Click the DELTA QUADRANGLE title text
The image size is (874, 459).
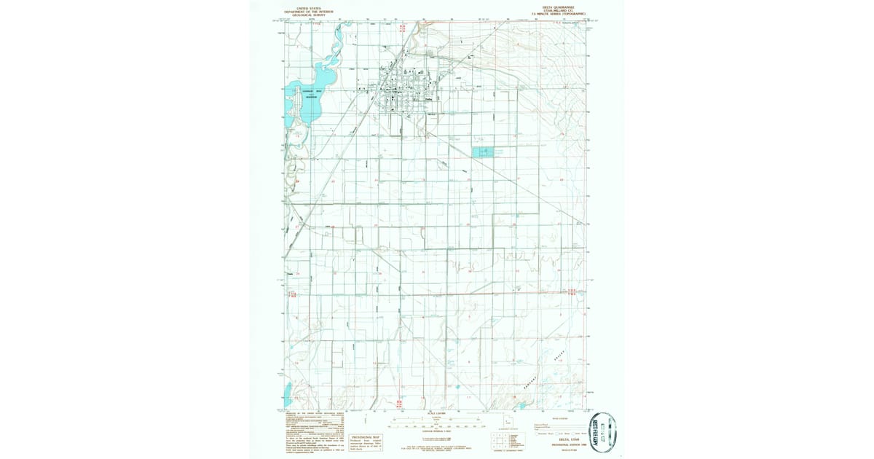(551, 6)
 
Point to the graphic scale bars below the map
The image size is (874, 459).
(436, 423)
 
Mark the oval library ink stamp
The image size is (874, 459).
(602, 433)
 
